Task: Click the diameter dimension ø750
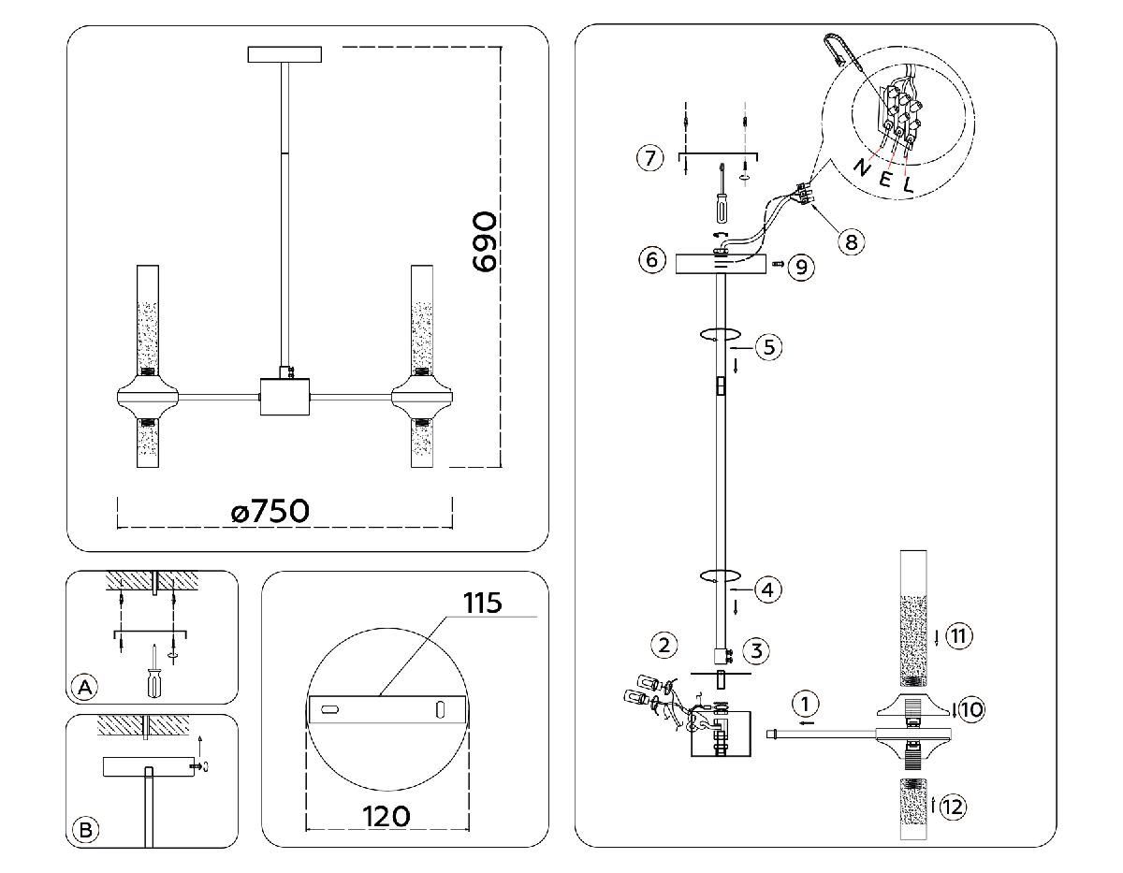270,512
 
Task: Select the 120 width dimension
386,816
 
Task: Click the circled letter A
84,688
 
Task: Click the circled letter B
84,829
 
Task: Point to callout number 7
649,157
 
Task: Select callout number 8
850,241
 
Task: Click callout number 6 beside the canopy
652,259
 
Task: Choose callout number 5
767,346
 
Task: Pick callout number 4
766,590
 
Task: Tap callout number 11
957,637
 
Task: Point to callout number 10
971,709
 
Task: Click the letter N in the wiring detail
862,167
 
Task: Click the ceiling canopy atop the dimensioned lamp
284,54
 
